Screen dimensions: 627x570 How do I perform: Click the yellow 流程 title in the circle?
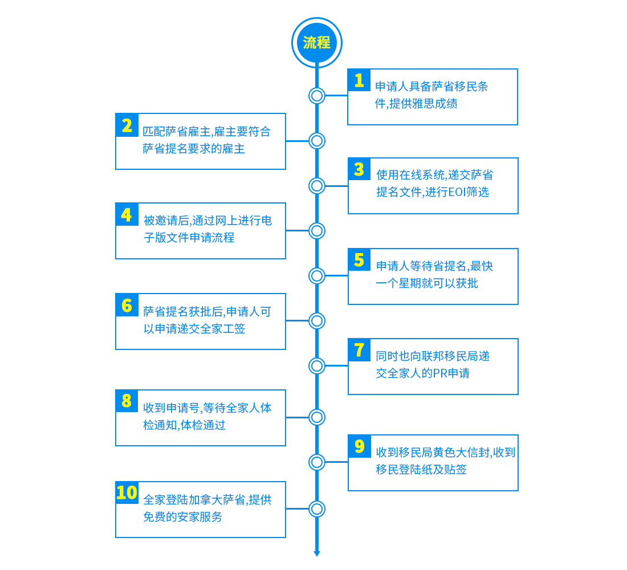[317, 42]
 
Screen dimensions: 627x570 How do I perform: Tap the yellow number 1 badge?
[359, 80]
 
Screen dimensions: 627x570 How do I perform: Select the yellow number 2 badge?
[127, 125]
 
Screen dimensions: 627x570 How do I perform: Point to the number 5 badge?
[360, 259]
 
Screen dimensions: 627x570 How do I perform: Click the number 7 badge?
[360, 350]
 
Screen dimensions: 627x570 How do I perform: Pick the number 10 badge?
[127, 493]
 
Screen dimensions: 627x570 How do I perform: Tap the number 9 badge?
[360, 446]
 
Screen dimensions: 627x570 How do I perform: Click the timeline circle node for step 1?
[317, 96]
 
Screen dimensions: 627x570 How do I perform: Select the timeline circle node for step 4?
[317, 231]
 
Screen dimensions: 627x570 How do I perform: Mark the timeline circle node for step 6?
[317, 321]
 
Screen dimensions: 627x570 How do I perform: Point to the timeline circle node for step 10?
[317, 509]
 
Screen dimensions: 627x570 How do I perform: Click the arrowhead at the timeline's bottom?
[317, 553]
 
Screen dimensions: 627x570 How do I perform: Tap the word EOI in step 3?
[458, 193]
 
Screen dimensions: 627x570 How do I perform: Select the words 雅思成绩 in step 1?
[435, 104]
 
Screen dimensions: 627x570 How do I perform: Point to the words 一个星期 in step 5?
[398, 283]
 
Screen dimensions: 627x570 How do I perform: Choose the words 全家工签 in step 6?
[223, 329]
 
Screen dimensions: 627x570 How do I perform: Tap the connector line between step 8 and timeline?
[297, 417]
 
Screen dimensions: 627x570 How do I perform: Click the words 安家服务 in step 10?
[199, 517]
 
